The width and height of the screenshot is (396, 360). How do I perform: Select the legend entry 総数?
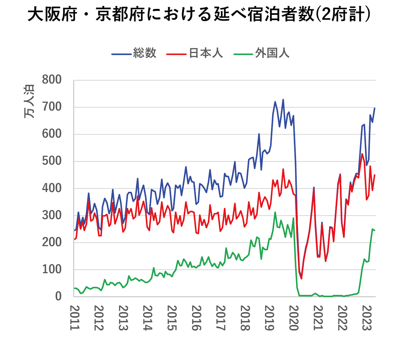point(145,53)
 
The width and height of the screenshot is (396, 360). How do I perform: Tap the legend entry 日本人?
point(206,53)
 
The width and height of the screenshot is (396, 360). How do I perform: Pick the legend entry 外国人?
point(272,53)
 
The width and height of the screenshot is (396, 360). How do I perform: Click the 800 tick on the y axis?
point(52,80)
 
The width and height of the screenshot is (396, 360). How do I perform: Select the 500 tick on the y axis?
point(52,161)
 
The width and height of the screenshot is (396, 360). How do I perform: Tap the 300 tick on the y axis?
point(52,215)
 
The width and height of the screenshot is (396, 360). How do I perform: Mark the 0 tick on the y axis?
point(58,296)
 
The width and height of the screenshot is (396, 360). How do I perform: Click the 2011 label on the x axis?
point(75,318)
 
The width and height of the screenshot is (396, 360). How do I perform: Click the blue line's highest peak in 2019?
point(283,99)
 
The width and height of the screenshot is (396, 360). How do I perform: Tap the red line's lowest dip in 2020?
point(301,278)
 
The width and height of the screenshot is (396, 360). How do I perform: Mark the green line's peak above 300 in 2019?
point(275,212)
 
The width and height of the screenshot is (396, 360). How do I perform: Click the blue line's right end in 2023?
point(375,108)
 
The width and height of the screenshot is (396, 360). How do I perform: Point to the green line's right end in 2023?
point(375,230)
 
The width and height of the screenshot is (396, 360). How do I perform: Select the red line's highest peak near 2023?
point(362,154)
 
